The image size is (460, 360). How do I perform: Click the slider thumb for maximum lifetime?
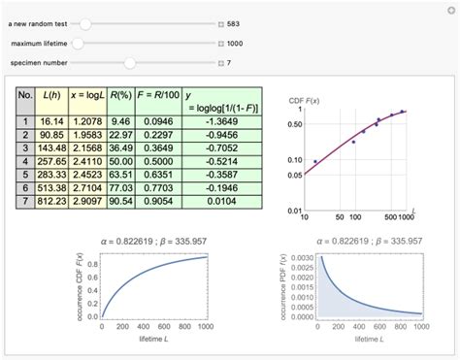(79, 43)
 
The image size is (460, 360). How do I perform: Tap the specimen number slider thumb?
(129, 62)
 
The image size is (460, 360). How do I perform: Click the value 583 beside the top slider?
(234, 23)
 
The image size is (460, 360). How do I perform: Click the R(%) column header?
(119, 96)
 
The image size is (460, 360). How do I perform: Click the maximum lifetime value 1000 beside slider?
(235, 43)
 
